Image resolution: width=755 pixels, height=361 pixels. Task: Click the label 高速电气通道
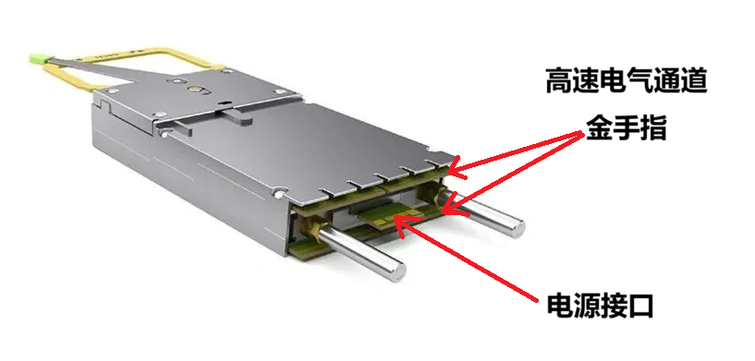pos(627,80)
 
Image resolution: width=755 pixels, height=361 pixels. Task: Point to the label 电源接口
pos(600,306)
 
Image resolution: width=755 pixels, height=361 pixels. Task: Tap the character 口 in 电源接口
pos(641,306)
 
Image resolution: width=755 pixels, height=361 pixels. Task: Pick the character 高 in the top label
pos(559,80)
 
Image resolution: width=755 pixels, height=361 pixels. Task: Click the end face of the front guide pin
pos(397,271)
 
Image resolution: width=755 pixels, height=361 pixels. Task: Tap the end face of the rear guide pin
pos(518,227)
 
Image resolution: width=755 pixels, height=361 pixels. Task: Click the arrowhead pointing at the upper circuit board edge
pos(456,172)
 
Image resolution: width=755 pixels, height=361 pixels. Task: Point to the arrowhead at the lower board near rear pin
pos(449,210)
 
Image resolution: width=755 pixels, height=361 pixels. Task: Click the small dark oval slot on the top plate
pos(224,102)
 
